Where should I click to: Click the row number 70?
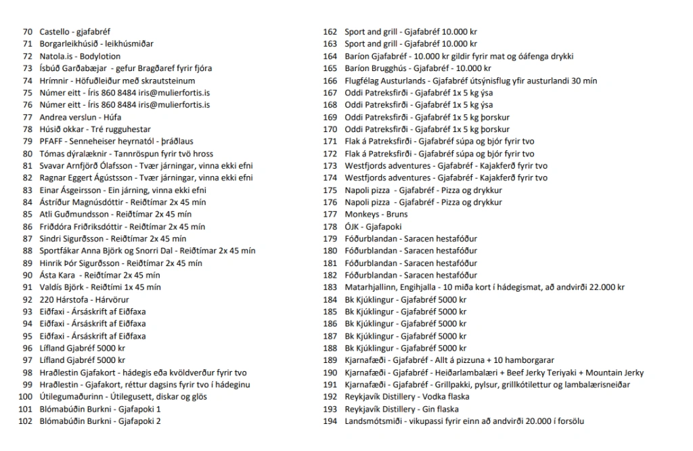tap(28, 32)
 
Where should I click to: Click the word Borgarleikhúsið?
tap(69, 44)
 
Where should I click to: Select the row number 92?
tap(28, 300)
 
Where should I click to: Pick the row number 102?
tap(26, 422)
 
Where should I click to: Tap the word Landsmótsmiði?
tap(374, 422)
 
